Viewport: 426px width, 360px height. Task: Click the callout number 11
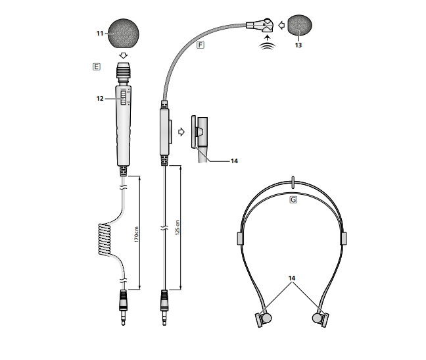coord(100,34)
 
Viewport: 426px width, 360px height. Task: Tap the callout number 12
coord(100,99)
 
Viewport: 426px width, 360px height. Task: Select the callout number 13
coord(298,45)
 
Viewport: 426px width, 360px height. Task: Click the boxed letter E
coord(97,66)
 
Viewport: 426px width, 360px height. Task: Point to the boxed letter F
coord(201,45)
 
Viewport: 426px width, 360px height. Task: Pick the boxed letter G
coord(293,200)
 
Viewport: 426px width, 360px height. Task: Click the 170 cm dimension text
coord(136,234)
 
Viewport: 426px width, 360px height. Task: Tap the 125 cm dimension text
coord(177,228)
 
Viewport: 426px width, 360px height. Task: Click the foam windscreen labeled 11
coord(124,34)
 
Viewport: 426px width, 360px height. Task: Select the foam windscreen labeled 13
coord(300,25)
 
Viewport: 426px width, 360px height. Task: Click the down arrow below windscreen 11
coord(124,55)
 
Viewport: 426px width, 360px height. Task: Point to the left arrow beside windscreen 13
coord(281,25)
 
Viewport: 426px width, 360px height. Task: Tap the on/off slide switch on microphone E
coord(124,97)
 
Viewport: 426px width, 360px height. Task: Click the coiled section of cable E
coord(105,240)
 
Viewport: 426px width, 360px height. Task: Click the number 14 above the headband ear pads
coord(292,278)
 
